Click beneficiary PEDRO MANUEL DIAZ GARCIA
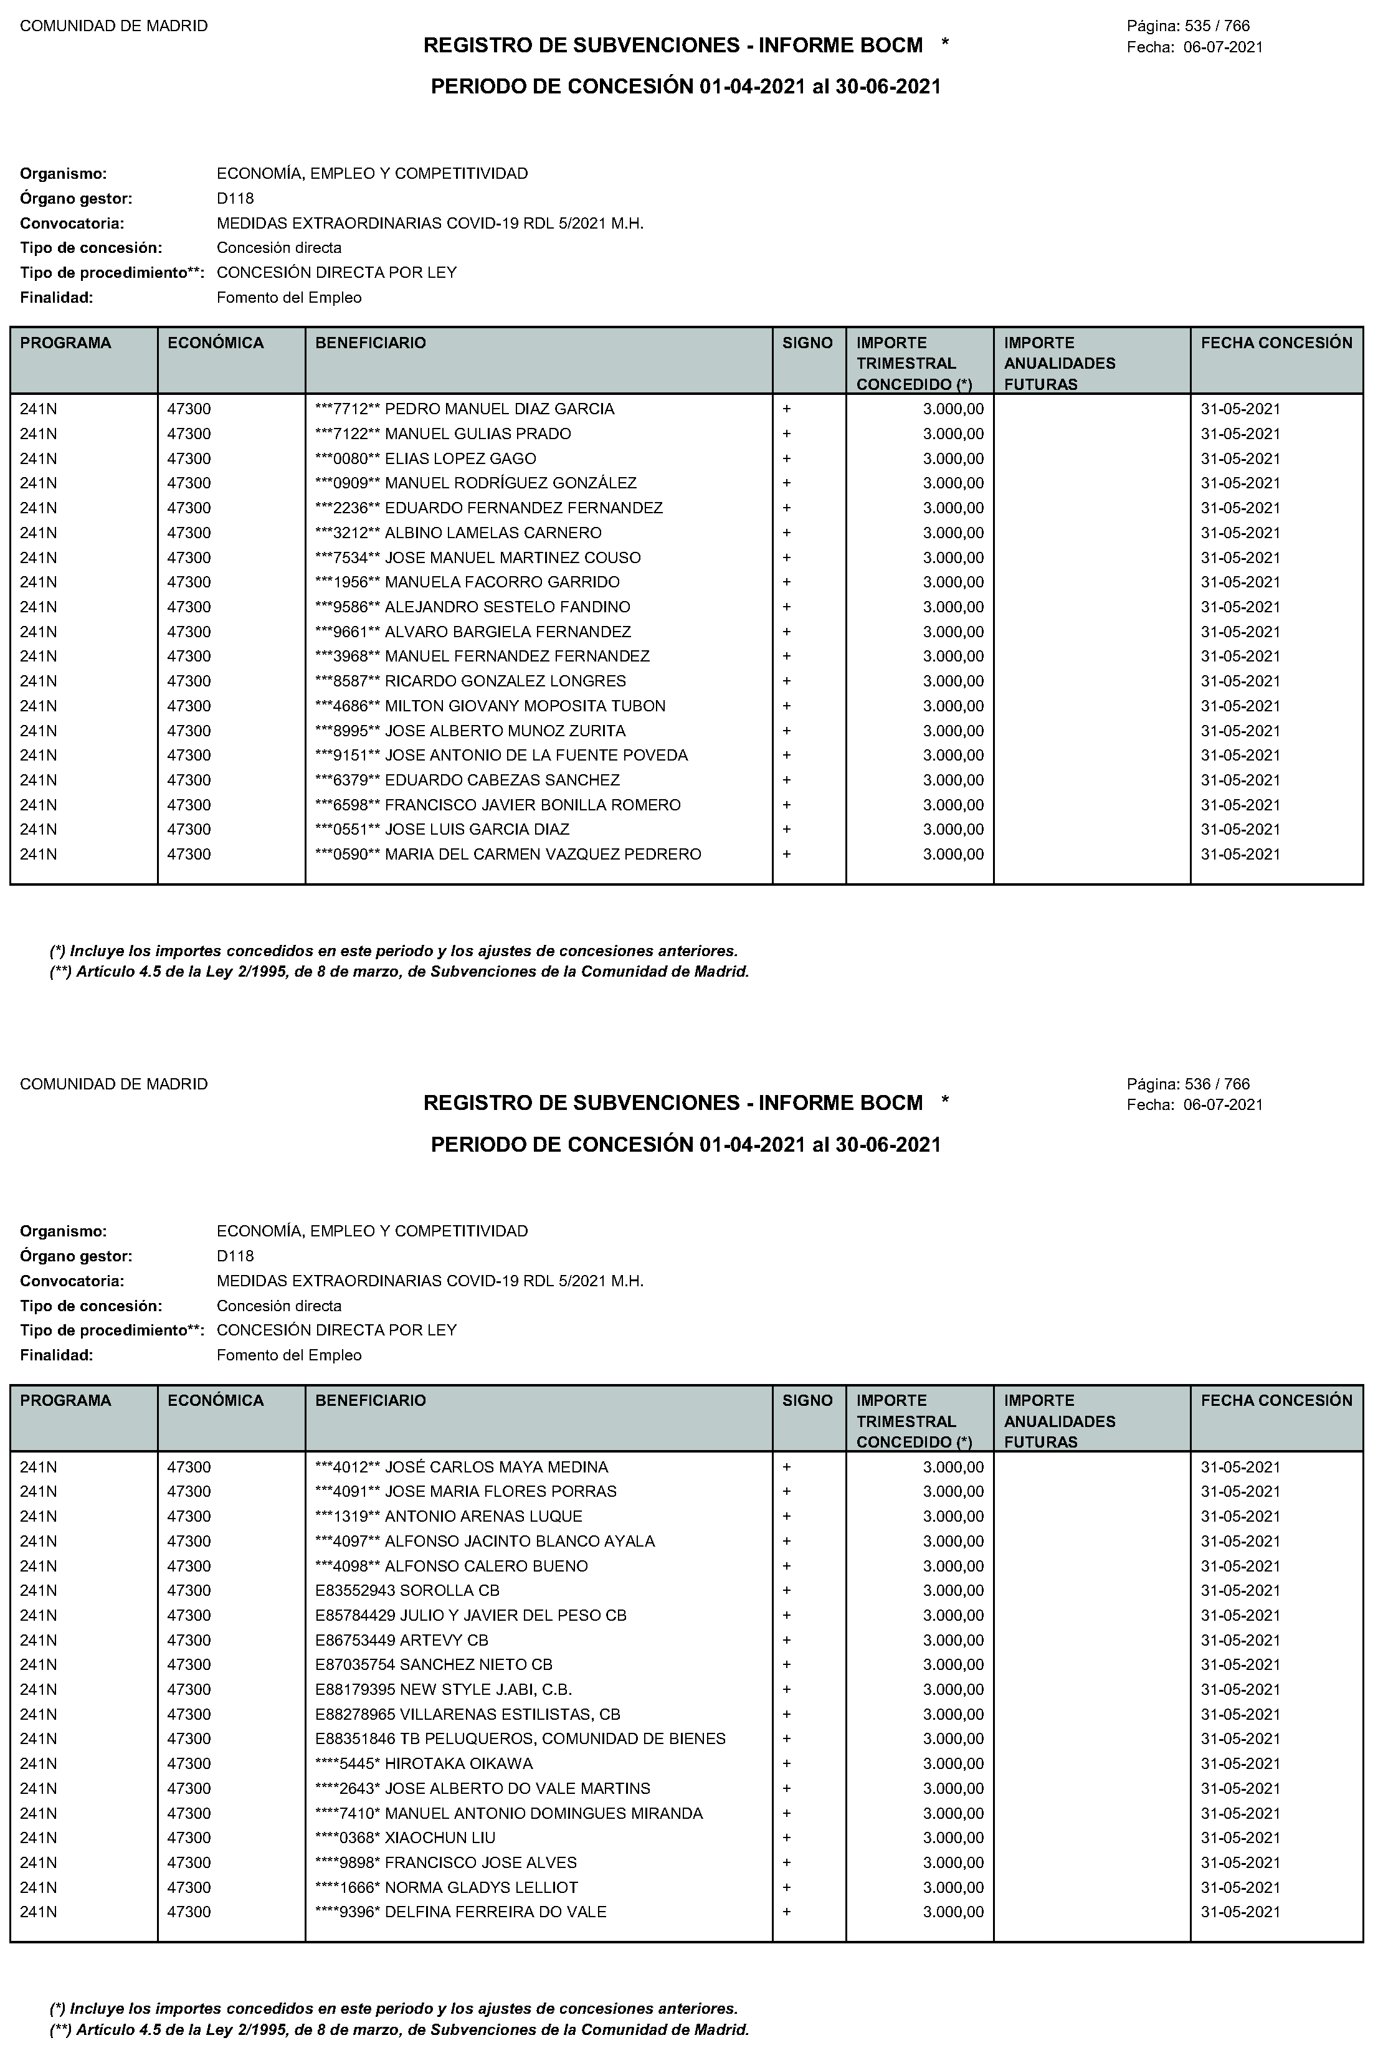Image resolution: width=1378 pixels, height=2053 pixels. pyautogui.click(x=464, y=409)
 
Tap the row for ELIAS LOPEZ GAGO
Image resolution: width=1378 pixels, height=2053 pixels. pyautogui.click(x=425, y=458)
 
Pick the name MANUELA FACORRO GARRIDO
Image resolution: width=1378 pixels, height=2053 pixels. pyautogui.click(x=467, y=582)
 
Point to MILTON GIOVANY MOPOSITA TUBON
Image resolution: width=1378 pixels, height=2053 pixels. pyautogui.click(x=490, y=706)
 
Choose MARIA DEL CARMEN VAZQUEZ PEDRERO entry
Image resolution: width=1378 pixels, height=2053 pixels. pyautogui.click(x=508, y=855)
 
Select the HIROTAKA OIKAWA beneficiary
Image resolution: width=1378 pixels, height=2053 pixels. pyautogui.click(x=424, y=1764)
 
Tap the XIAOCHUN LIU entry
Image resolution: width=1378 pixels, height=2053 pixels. pyautogui.click(x=405, y=1837)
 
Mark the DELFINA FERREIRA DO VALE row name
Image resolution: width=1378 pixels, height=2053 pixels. pyautogui.click(x=460, y=1912)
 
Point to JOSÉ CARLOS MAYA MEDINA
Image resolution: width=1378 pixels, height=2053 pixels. pyautogui.click(x=462, y=1467)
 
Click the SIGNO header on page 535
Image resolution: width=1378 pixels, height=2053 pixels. pyautogui.click(x=807, y=343)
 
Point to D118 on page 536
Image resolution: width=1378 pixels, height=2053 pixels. pyautogui.click(x=235, y=1256)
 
